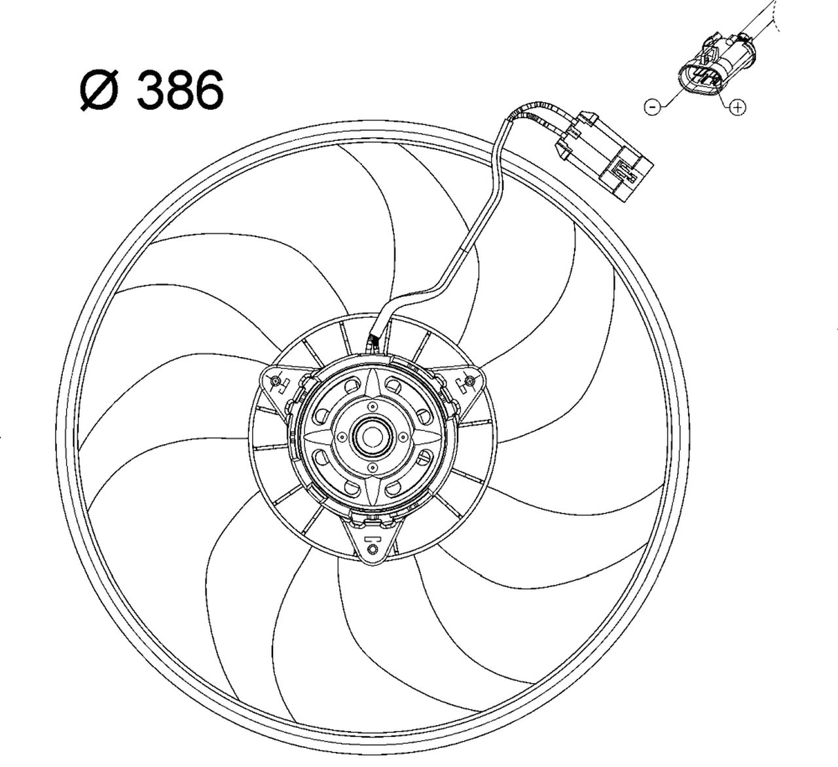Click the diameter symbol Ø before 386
pyautogui.click(x=100, y=90)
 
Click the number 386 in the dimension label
pyautogui.click(x=179, y=90)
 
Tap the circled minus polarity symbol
pyautogui.click(x=652, y=106)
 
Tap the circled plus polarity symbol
pyautogui.click(x=738, y=106)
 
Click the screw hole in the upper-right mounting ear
pyautogui.click(x=469, y=380)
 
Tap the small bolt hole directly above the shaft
pyautogui.click(x=371, y=407)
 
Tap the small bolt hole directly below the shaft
pyautogui.click(x=371, y=467)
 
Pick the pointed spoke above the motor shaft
pyautogui.click(x=371, y=386)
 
